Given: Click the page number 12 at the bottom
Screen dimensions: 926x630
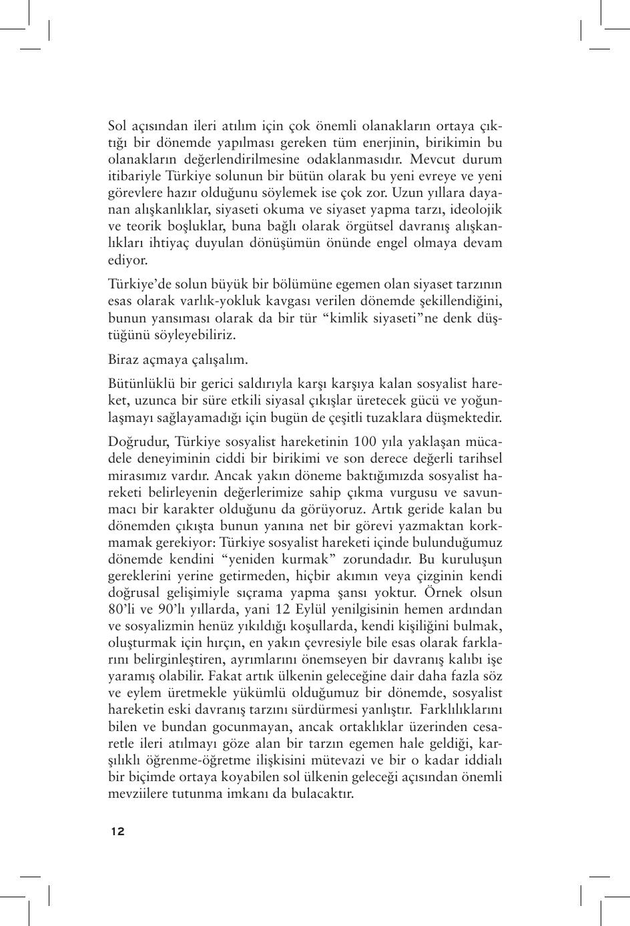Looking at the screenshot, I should pos(117,832).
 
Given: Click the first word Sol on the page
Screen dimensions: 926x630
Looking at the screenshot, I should pos(117,126).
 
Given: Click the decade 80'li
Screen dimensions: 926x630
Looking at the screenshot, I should pos(122,610).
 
